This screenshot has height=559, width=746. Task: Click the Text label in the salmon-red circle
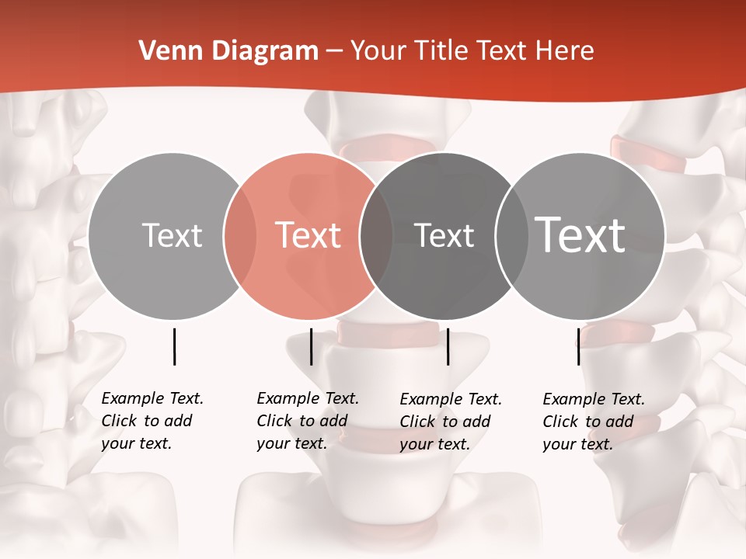[x=309, y=235]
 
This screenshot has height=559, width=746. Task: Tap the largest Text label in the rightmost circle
[x=580, y=234]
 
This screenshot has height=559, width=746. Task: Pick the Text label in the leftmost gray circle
[x=173, y=235]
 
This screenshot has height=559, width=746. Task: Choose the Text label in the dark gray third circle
[x=444, y=235]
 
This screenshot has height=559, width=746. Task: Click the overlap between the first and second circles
[x=240, y=235]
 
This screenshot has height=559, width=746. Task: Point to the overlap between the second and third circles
[x=376, y=235]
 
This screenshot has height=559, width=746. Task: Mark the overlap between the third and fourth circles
[x=511, y=235]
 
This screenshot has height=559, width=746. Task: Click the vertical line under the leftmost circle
[x=174, y=346]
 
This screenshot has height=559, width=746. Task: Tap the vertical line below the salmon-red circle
[x=311, y=346]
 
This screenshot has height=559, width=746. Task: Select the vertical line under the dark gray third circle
[x=448, y=346]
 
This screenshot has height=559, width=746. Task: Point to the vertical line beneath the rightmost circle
[x=578, y=346]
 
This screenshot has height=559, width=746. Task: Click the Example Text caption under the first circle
[x=152, y=421]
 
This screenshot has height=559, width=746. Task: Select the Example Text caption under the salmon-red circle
[x=307, y=421]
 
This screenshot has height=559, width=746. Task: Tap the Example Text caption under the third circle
[x=450, y=422]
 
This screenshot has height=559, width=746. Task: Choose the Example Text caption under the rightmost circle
[x=593, y=422]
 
